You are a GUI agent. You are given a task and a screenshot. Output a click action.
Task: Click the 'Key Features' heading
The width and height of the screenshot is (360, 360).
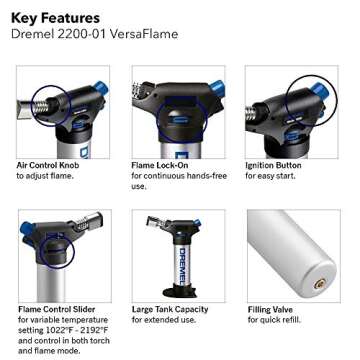click(x=56, y=18)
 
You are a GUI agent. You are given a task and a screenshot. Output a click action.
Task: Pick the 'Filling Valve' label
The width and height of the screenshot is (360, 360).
click(x=272, y=310)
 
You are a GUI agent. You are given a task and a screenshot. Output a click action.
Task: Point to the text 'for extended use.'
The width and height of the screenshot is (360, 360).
click(x=162, y=321)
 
